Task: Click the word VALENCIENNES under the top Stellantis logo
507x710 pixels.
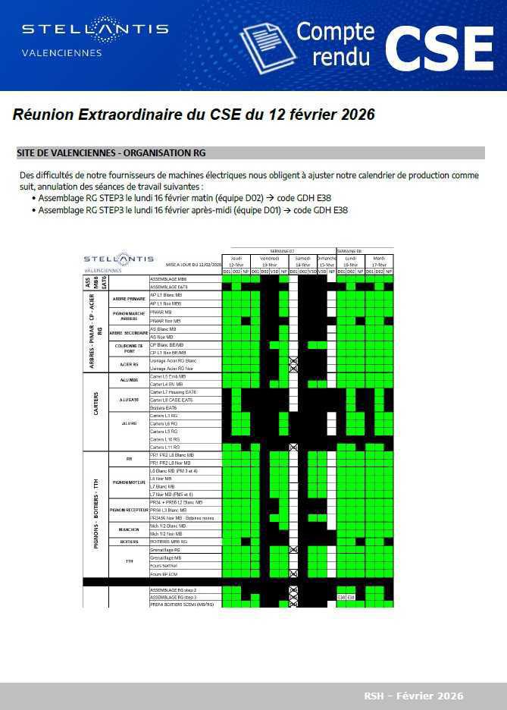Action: coord(62,53)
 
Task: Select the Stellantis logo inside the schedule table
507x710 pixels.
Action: coord(118,259)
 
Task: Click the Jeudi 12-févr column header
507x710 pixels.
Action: coord(236,262)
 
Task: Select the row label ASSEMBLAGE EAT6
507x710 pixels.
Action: coord(168,287)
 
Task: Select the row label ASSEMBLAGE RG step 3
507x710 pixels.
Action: coord(168,597)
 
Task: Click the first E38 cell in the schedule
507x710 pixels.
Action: coord(341,597)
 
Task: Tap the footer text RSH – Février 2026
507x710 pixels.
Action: coord(413,696)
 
